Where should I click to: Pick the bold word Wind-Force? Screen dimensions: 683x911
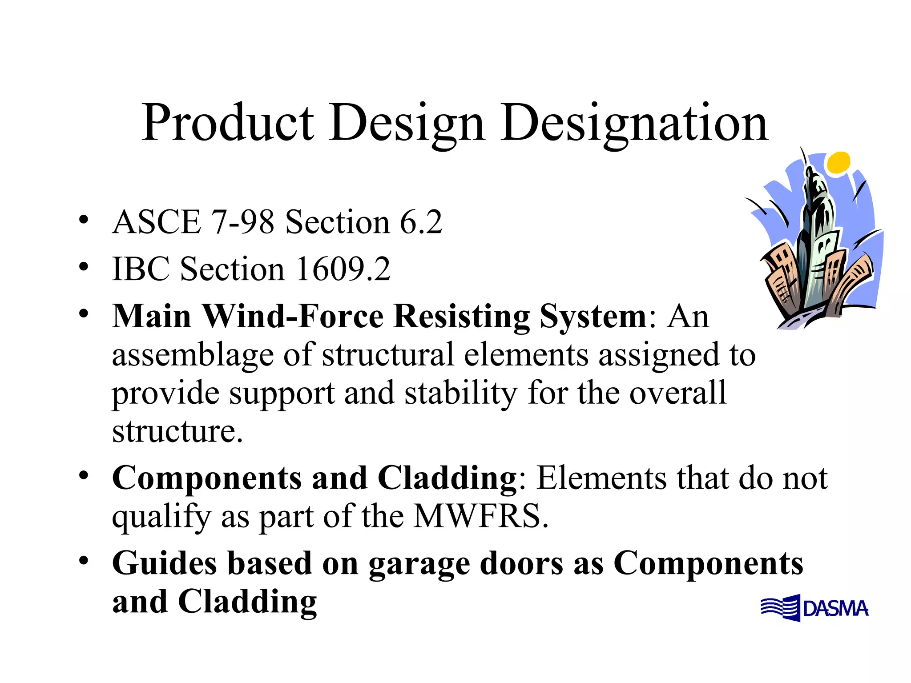click(x=293, y=316)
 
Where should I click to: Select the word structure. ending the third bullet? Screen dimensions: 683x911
click(x=177, y=431)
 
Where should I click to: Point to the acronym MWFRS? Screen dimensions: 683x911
click(x=480, y=516)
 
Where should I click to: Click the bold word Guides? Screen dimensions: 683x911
click(x=165, y=563)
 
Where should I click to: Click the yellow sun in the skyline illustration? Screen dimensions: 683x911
click(x=839, y=162)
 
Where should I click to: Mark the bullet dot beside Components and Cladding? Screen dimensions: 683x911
click(x=83, y=476)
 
